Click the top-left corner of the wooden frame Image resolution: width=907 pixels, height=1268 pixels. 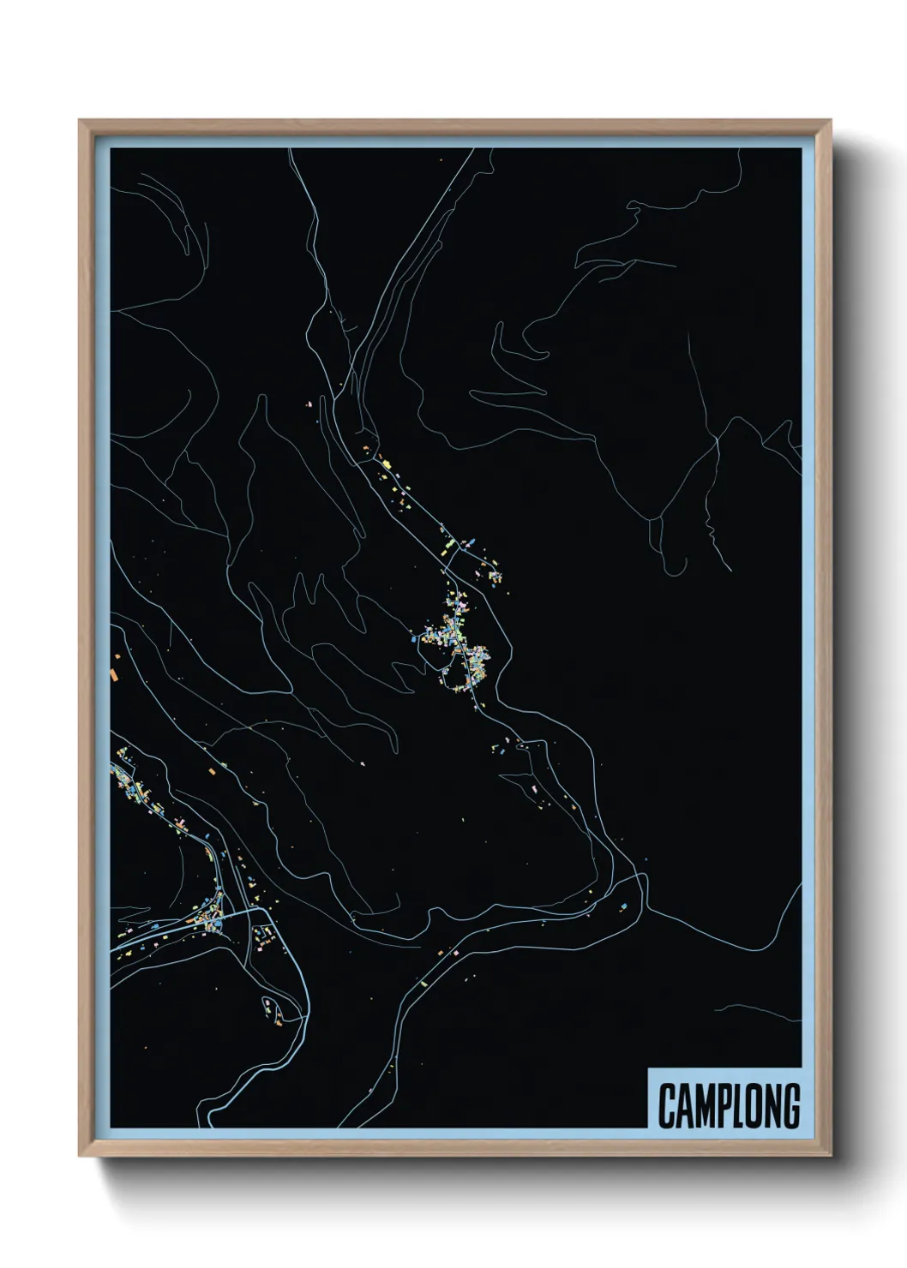80,121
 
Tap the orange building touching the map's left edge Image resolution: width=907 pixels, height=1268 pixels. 114,674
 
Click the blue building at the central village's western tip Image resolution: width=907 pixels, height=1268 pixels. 417,637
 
